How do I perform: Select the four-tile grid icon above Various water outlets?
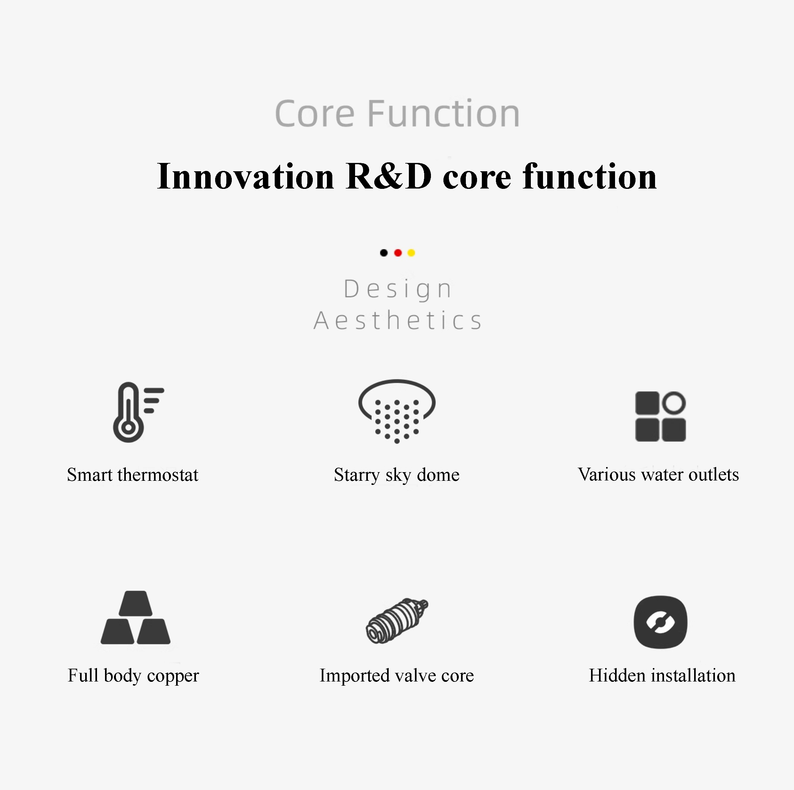[x=660, y=416]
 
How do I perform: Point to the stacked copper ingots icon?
[x=136, y=617]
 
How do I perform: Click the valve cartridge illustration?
[x=397, y=620]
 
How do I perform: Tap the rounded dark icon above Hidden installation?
[x=660, y=622]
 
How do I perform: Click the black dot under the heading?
[x=384, y=253]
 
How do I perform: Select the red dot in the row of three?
[x=398, y=253]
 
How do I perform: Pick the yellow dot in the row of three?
[x=411, y=253]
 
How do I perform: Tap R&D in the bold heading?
[x=389, y=176]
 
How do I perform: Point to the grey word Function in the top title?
[x=443, y=113]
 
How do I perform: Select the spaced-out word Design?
[x=398, y=290]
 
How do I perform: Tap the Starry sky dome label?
[x=397, y=475]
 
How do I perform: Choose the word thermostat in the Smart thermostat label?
[x=158, y=475]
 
